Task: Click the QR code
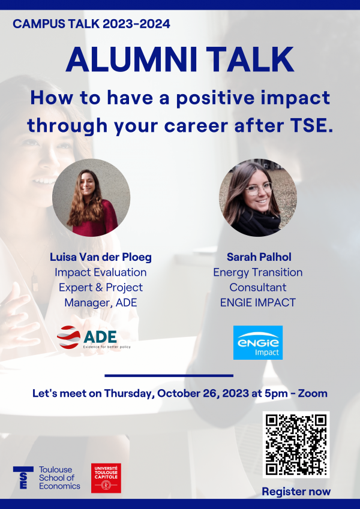[x=296, y=444]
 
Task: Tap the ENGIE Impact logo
[x=258, y=342]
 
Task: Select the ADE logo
[x=94, y=338]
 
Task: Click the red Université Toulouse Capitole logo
[x=106, y=478]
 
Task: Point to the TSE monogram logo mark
[x=23, y=477]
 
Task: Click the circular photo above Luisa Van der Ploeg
[x=91, y=197]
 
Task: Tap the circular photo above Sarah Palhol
[x=258, y=197]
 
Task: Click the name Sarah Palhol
[x=259, y=257]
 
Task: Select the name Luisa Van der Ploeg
[x=101, y=257]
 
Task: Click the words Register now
[x=296, y=492]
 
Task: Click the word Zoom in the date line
[x=313, y=393]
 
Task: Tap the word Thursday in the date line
[x=129, y=394]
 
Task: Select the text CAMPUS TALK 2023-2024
[x=91, y=24]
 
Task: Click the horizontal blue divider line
[x=169, y=375]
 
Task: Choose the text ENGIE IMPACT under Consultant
[x=258, y=303]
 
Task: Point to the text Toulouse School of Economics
[x=59, y=477]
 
